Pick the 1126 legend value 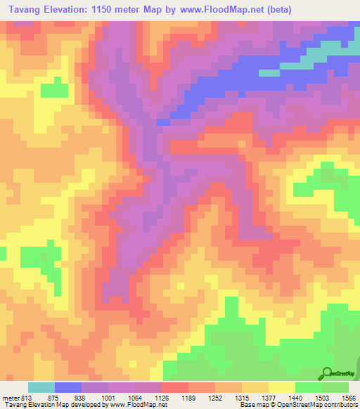coord(161,397)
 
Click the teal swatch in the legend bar coord(41,387)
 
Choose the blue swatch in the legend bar coord(68,387)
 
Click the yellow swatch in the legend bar coord(282,387)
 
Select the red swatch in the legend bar coord(175,387)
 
